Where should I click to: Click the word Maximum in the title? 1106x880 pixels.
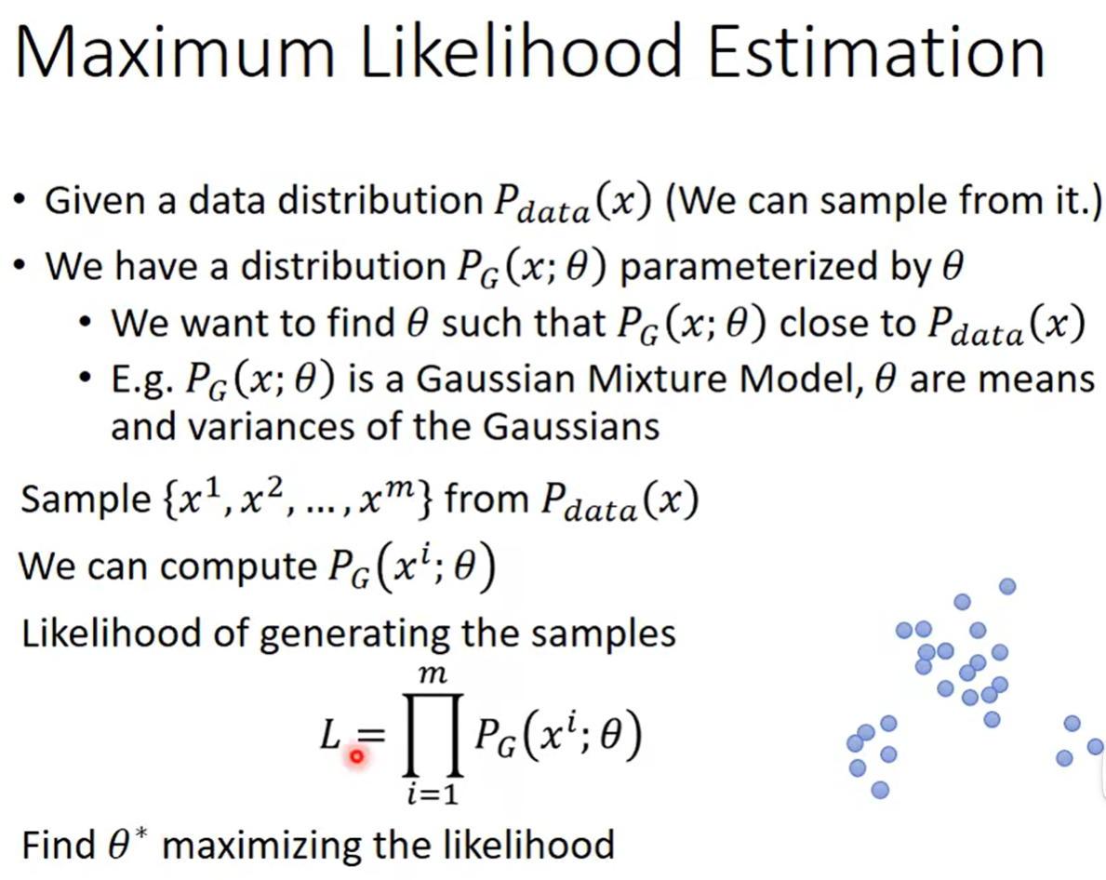[x=174, y=53]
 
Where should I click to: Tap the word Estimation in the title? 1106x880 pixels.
[x=875, y=53]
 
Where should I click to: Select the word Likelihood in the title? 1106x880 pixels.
[x=521, y=53]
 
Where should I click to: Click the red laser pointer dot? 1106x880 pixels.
[x=357, y=756]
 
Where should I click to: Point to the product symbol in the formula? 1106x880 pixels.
[x=433, y=735]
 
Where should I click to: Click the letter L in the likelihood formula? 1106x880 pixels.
[x=330, y=736]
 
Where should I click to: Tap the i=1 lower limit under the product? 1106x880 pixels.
[x=433, y=794]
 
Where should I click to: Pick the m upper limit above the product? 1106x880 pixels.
[x=433, y=675]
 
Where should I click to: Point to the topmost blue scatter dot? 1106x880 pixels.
[x=1007, y=586]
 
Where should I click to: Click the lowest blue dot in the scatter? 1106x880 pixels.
[x=880, y=790]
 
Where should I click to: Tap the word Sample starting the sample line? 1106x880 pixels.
[x=87, y=500]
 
